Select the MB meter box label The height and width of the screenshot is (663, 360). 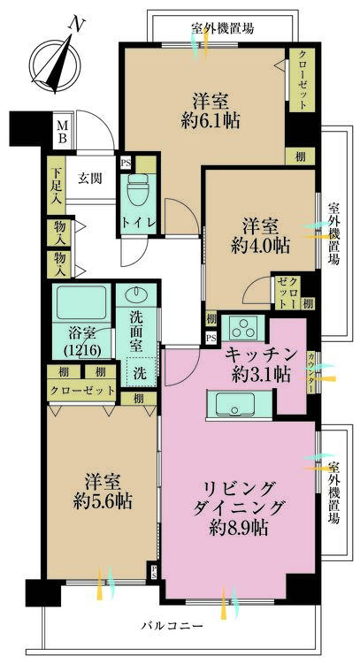click(x=62, y=132)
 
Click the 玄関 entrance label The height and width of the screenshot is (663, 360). click(x=89, y=179)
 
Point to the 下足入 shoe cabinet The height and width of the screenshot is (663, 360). click(x=56, y=185)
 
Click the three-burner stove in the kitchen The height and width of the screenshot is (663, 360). click(x=243, y=327)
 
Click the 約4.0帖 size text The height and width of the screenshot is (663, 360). click(x=260, y=245)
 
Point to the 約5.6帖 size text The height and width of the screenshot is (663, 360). click(x=102, y=502)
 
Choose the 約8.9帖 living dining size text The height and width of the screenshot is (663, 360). click(x=239, y=527)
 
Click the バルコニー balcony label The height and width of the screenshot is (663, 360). click(x=172, y=625)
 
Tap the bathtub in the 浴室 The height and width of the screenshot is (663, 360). click(x=80, y=303)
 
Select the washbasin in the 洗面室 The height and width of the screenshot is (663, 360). click(x=137, y=293)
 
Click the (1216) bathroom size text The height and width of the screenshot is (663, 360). click(x=81, y=350)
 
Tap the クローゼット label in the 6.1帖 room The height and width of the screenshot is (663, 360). click(x=303, y=80)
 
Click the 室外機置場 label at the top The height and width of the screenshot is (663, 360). click(x=223, y=29)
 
